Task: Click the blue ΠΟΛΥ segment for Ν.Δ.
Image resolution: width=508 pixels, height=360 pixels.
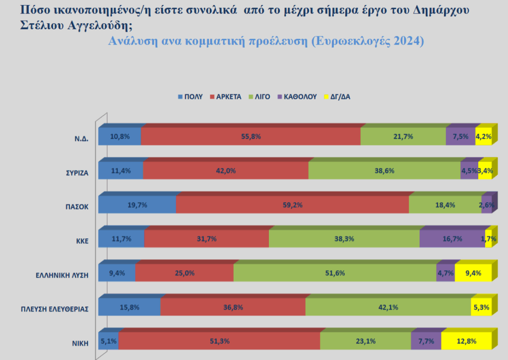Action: pos(120,137)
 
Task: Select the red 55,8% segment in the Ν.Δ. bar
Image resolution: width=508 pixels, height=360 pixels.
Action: pos(251,137)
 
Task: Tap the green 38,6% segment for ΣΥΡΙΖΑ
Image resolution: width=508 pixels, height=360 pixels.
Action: pos(384,170)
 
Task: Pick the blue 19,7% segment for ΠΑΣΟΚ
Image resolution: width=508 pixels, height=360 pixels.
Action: pos(137,205)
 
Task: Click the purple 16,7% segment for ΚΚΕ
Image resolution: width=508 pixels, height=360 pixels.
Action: pos(452,239)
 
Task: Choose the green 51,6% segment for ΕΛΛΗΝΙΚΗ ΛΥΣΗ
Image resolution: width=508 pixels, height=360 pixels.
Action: pos(335,273)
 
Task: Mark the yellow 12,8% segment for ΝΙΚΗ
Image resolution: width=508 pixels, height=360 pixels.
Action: pos(466,341)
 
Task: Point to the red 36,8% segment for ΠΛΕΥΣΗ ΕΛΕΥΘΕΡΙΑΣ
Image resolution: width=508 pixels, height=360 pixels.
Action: pos(233,307)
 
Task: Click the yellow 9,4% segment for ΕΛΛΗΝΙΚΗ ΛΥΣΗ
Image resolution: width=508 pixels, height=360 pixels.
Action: pos(473,273)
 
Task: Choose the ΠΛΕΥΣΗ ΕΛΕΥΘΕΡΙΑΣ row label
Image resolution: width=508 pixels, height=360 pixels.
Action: pos(56,309)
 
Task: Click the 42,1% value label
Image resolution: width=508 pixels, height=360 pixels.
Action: pos(388,307)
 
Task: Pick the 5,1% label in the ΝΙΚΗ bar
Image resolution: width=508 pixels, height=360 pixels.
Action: pos(109,341)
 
